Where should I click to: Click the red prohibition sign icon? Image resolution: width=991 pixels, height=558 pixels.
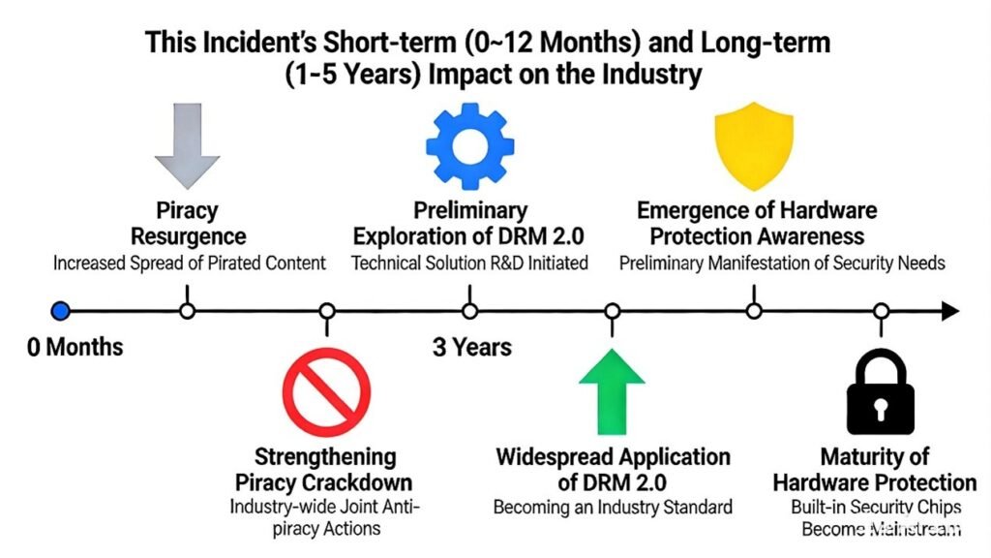(326, 389)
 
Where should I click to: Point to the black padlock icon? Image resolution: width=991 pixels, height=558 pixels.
(881, 392)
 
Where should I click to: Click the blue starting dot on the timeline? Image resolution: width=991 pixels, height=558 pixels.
(61, 311)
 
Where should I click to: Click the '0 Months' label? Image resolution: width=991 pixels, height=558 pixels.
(75, 346)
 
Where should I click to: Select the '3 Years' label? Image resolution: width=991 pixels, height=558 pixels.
(472, 347)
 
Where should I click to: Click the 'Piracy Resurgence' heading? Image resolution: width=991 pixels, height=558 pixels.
(188, 223)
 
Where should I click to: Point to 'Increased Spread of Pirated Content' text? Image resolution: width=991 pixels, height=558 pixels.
(189, 263)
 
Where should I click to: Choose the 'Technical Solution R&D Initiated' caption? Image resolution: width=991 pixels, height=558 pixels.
(469, 263)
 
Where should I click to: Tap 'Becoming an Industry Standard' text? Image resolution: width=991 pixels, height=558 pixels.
(613, 506)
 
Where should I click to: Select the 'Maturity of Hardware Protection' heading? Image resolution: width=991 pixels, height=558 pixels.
(874, 469)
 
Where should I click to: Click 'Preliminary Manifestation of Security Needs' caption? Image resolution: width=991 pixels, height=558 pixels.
(782, 263)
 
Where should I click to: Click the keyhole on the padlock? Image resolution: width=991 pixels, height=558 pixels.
(881, 408)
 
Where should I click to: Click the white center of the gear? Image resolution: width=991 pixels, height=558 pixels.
(469, 144)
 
